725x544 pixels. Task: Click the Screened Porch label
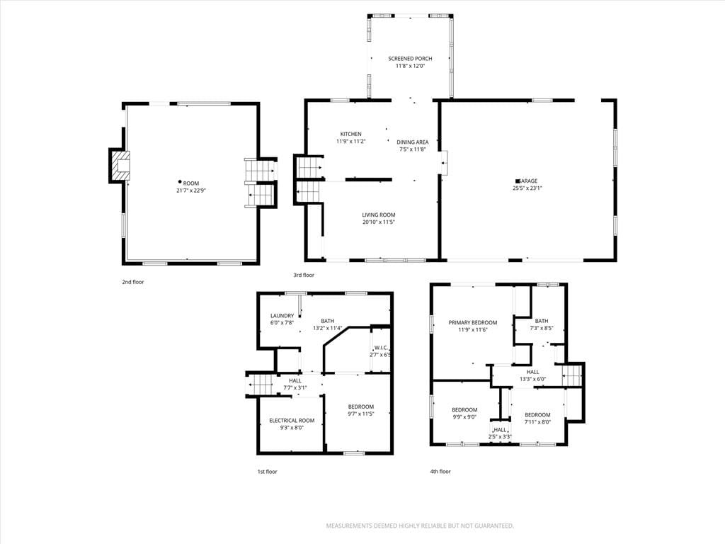click(x=410, y=59)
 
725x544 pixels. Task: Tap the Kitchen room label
click(x=351, y=134)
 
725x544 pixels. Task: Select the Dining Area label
click(x=413, y=142)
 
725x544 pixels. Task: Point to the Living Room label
click(x=379, y=215)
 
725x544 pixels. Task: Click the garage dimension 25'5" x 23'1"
click(x=527, y=188)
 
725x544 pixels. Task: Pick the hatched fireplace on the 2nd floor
click(x=120, y=166)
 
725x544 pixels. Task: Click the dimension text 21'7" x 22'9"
click(x=191, y=190)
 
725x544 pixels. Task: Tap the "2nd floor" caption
click(x=133, y=282)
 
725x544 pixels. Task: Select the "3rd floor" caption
click(x=304, y=275)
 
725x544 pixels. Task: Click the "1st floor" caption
click(x=267, y=471)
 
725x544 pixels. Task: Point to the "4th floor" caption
click(x=440, y=471)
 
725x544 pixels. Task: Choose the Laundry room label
click(x=282, y=316)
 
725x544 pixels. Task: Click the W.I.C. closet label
click(x=381, y=347)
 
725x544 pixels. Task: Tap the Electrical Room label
click(x=292, y=421)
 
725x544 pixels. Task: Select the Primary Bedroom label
click(x=472, y=322)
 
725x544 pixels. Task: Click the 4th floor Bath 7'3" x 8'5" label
click(x=542, y=324)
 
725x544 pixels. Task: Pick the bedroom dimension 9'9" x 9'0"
click(x=464, y=416)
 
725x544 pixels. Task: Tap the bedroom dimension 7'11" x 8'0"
click(x=537, y=422)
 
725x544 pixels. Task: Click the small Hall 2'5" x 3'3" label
click(x=500, y=433)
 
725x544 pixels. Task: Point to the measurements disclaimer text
click(x=420, y=526)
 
